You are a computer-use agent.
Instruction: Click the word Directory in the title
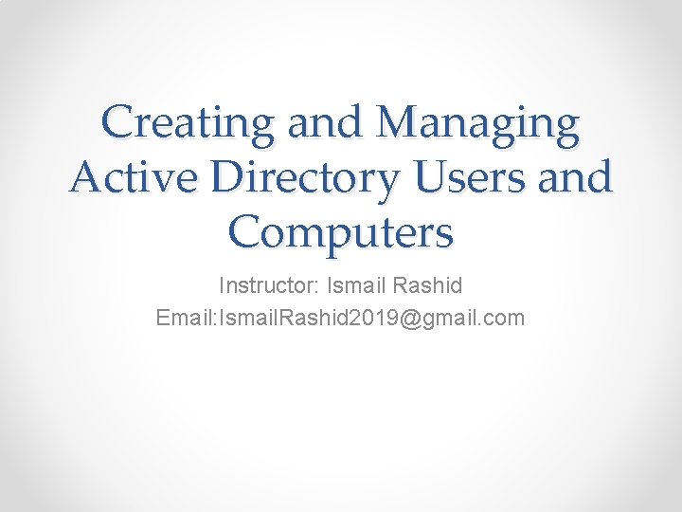(290, 177)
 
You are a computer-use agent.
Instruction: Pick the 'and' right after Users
(574, 177)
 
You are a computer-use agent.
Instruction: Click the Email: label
(187, 318)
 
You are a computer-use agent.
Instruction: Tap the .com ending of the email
(502, 318)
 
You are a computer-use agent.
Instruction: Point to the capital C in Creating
(118, 124)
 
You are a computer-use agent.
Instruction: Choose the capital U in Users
(422, 177)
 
